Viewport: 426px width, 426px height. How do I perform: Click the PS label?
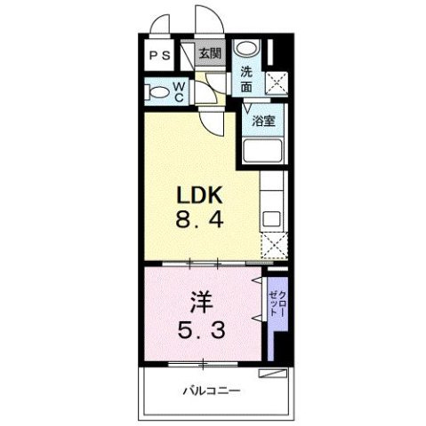point(161,55)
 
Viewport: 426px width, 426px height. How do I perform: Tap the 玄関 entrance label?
point(209,52)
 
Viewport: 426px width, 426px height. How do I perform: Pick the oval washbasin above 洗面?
point(249,50)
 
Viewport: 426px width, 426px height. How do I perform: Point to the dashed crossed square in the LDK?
point(272,246)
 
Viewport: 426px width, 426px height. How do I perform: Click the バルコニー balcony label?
point(213,390)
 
